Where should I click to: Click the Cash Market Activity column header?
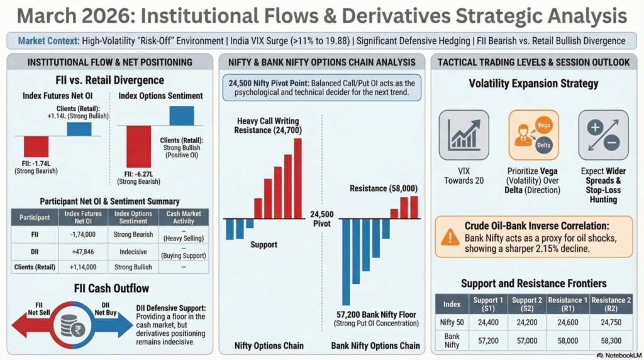184,218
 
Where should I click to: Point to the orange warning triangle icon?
450,237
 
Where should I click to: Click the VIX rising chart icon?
464,135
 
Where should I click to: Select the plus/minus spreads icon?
603,135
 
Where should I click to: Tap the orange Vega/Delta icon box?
533,135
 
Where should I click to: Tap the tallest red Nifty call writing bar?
297,178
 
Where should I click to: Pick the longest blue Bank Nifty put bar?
346,261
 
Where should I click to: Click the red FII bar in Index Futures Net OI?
36,147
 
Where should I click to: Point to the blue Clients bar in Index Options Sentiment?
181,115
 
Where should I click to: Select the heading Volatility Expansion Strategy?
533,84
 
